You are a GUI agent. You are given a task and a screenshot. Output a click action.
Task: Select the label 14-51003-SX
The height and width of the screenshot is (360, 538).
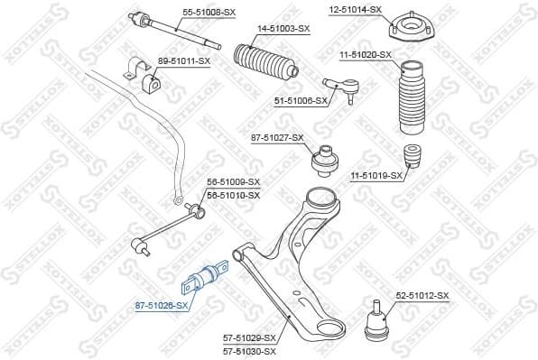pos(284,28)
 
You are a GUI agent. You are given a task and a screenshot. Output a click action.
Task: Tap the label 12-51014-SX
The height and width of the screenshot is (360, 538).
pos(355,10)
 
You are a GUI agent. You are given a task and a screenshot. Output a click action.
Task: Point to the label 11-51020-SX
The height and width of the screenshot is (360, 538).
pos(366,55)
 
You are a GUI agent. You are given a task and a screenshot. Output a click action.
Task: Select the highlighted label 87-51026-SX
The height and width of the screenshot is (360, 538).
pos(163,305)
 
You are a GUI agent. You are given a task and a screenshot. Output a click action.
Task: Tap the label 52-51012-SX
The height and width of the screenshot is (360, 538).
pos(422,294)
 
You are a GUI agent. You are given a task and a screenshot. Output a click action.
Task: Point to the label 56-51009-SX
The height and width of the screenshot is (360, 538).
pos(233,182)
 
